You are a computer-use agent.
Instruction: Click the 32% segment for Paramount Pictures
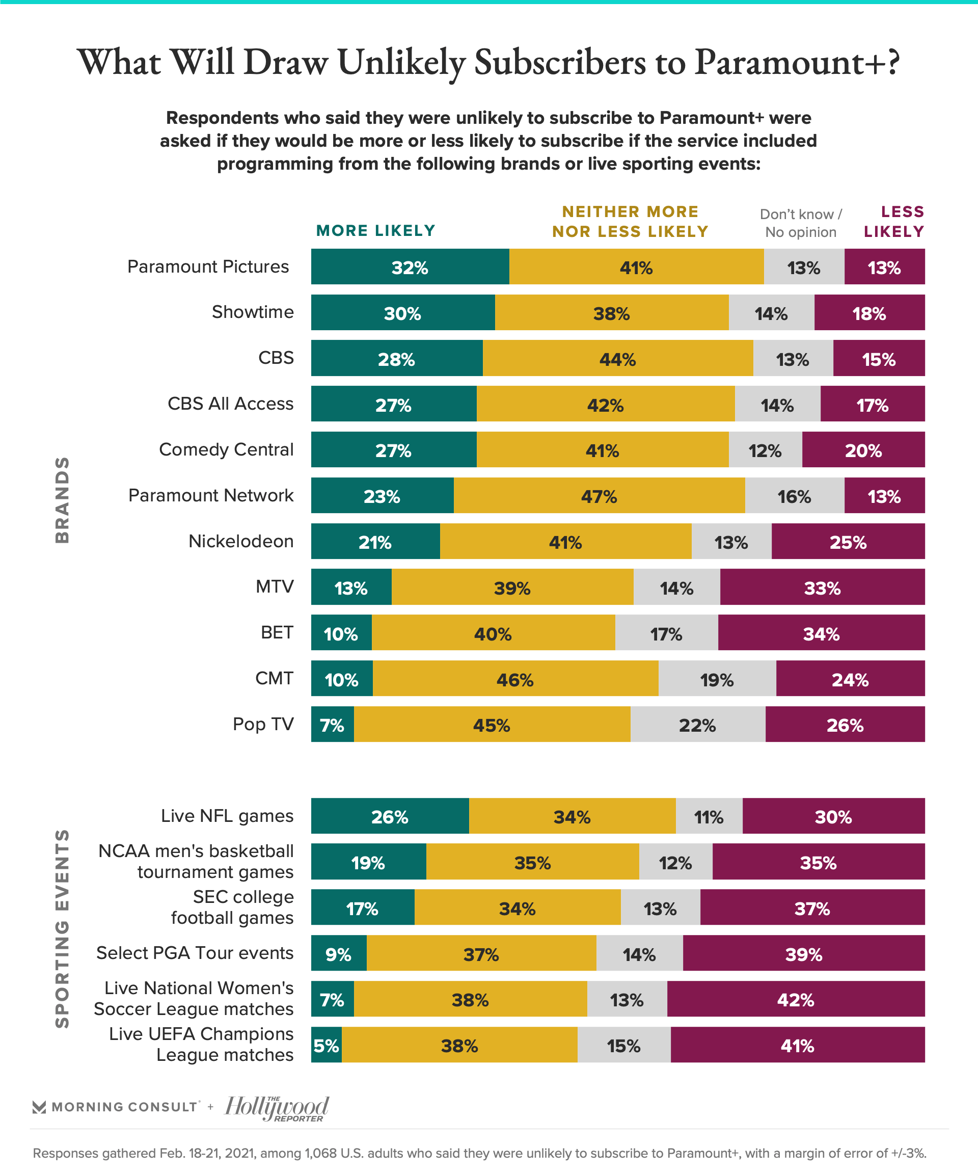(410, 267)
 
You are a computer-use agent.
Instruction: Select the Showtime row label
(253, 312)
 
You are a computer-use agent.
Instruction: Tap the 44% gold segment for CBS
(617, 358)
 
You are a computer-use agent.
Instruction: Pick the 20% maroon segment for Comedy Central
(863, 450)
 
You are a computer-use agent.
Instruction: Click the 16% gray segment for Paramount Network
(794, 496)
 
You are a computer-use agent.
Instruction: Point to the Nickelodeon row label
(241, 541)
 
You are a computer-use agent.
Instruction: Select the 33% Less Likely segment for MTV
(822, 588)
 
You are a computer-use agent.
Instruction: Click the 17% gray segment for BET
(666, 633)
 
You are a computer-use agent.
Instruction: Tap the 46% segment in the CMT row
(514, 679)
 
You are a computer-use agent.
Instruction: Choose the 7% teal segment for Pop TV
(332, 725)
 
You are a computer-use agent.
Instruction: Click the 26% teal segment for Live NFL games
(390, 817)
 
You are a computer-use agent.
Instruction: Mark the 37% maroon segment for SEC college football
(812, 909)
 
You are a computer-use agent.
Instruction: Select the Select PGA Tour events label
(195, 953)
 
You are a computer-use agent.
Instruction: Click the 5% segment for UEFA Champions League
(327, 1046)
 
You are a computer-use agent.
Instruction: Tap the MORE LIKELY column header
(375, 230)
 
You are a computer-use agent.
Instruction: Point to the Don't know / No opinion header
(801, 223)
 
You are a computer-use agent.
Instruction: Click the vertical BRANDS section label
(63, 500)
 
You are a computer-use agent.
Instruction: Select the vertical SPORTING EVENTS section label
(63, 928)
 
